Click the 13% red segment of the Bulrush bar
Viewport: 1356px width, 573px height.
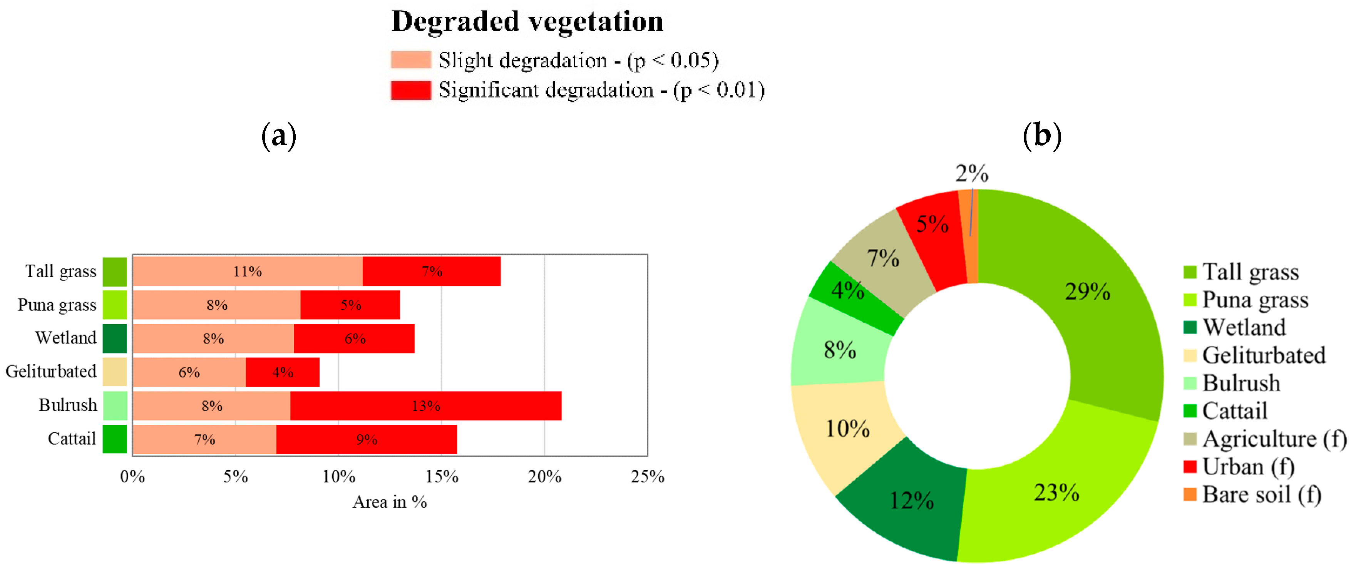tap(425, 405)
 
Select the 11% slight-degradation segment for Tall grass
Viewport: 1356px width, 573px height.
tap(248, 271)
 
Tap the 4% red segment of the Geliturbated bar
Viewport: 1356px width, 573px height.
tap(283, 372)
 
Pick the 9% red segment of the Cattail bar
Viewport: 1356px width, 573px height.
tap(367, 439)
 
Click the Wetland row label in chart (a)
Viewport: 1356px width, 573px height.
tap(66, 338)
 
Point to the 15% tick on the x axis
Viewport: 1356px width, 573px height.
tap(442, 477)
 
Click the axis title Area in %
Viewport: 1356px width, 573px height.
tap(390, 502)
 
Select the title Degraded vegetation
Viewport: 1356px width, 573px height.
tap(527, 22)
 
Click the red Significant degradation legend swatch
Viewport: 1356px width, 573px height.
tap(410, 90)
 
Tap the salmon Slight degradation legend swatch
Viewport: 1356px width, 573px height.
tap(410, 60)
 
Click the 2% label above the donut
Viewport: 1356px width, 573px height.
tap(972, 173)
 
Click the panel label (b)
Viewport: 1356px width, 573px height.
tap(1042, 136)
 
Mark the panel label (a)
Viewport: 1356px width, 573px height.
tap(279, 136)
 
